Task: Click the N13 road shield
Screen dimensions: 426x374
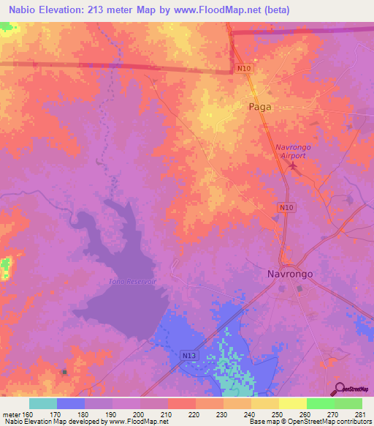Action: click(188, 354)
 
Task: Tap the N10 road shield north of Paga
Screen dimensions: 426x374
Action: click(245, 68)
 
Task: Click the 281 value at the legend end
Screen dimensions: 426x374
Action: click(359, 414)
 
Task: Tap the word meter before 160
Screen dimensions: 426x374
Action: click(12, 414)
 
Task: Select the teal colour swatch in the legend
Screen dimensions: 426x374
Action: click(43, 403)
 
